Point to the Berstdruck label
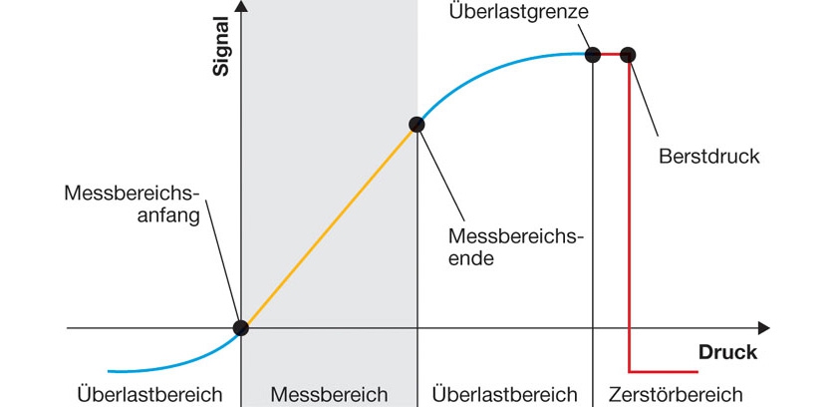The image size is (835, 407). coord(709,157)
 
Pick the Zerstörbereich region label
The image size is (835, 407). coord(675,394)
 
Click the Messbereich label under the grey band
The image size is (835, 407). coord(329,394)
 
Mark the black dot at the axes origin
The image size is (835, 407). coord(240,327)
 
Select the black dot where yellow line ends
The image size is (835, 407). coord(417,125)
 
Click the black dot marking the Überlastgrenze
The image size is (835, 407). coord(593,54)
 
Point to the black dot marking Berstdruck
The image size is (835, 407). coord(628,54)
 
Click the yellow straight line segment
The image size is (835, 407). coord(329,225)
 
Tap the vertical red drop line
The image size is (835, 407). coord(629,219)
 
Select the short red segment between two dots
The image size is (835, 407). coord(610,54)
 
